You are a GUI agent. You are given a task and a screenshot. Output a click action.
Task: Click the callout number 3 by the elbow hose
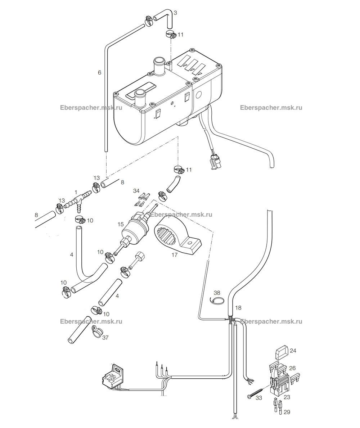click(x=175, y=13)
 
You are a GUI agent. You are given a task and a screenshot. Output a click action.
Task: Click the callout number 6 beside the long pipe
click(x=100, y=72)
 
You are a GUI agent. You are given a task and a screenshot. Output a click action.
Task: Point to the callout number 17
click(x=174, y=255)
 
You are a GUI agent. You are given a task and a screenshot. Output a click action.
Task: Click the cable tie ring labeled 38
click(x=219, y=300)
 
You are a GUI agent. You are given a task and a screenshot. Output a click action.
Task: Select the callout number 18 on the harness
click(x=238, y=308)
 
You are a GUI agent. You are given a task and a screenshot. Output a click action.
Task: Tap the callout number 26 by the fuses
click(x=292, y=368)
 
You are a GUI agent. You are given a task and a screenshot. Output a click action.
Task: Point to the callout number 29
click(x=287, y=412)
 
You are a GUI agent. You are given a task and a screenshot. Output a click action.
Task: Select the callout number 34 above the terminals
click(x=136, y=190)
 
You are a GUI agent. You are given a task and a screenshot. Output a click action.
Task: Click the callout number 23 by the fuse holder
click(x=287, y=397)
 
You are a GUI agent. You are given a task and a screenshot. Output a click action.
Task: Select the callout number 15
click(x=121, y=224)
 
